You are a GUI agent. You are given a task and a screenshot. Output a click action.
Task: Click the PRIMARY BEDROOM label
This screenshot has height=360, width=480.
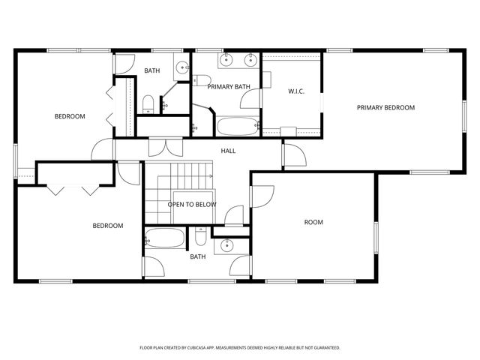(385, 107)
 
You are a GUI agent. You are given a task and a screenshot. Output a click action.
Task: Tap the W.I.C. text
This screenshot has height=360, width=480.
(295, 91)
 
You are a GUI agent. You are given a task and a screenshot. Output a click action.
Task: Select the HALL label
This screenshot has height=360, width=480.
(228, 151)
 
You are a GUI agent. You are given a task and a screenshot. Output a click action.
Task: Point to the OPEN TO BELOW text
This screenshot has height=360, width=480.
(191, 204)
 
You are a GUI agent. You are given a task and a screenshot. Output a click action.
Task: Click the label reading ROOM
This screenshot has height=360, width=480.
(313, 222)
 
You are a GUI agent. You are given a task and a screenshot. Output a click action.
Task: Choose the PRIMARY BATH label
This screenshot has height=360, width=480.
(229, 87)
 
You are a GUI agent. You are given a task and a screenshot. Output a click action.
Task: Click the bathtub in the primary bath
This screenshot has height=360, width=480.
(238, 126)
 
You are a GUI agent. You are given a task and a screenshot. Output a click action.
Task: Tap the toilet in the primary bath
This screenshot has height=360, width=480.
(201, 79)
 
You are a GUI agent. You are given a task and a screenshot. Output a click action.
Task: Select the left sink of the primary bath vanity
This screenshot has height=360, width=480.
(226, 60)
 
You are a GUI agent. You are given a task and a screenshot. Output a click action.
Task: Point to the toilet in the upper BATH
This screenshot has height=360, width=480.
(148, 103)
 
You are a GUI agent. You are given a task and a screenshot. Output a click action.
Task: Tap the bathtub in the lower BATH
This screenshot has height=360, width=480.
(165, 239)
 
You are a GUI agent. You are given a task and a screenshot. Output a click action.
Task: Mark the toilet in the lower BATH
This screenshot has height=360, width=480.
(200, 238)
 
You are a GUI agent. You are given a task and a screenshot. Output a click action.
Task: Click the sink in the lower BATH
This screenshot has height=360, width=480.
(225, 245)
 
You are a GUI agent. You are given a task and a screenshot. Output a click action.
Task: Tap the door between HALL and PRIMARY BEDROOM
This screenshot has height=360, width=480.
(293, 155)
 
